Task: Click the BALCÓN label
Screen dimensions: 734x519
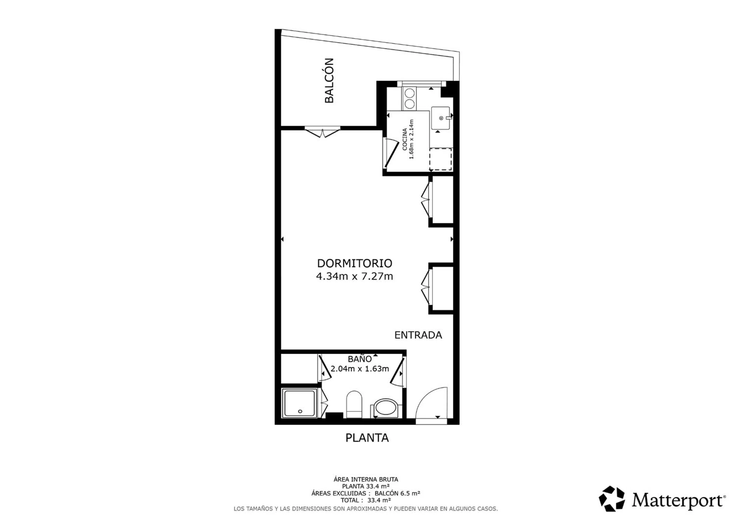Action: point(329,80)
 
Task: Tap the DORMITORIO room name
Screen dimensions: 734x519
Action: point(355,263)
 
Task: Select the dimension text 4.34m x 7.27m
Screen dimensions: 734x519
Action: point(354,276)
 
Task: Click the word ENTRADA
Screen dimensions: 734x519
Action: point(418,335)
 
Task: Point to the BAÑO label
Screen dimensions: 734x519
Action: point(360,359)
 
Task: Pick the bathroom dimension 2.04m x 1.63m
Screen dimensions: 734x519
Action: point(360,369)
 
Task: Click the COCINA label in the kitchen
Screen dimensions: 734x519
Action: point(405,139)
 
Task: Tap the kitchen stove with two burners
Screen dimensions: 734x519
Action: point(410,99)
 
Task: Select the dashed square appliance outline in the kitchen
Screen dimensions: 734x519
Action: point(441,159)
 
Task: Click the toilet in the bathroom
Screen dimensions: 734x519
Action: point(354,404)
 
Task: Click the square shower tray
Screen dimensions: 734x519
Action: point(300,403)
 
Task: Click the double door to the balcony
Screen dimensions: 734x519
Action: point(323,133)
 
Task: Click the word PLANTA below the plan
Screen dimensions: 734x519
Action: point(367,438)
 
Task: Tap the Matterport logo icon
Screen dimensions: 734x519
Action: point(612,499)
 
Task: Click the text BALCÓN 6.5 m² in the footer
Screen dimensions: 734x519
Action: point(397,493)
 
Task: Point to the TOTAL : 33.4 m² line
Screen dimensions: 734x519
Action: point(366,500)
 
